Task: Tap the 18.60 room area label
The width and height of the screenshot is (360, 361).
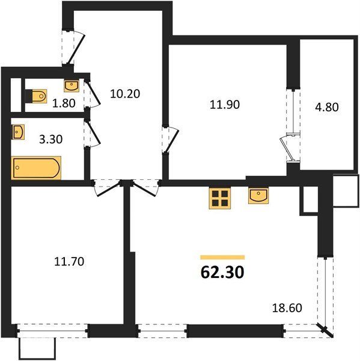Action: pos(287,307)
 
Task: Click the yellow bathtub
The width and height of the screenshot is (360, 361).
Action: pos(37,167)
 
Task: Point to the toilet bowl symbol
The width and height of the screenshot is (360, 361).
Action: pos(37,96)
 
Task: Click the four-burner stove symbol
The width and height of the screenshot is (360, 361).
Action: pos(220,198)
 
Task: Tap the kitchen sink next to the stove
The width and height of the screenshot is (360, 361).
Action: pos(260,196)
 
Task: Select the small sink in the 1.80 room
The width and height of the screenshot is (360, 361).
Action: pos(72,84)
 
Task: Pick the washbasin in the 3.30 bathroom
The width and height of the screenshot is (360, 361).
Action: pos(18,131)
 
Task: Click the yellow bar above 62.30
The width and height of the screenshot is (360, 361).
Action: pos(222,257)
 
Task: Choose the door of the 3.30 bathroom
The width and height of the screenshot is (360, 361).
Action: pos(91,134)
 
